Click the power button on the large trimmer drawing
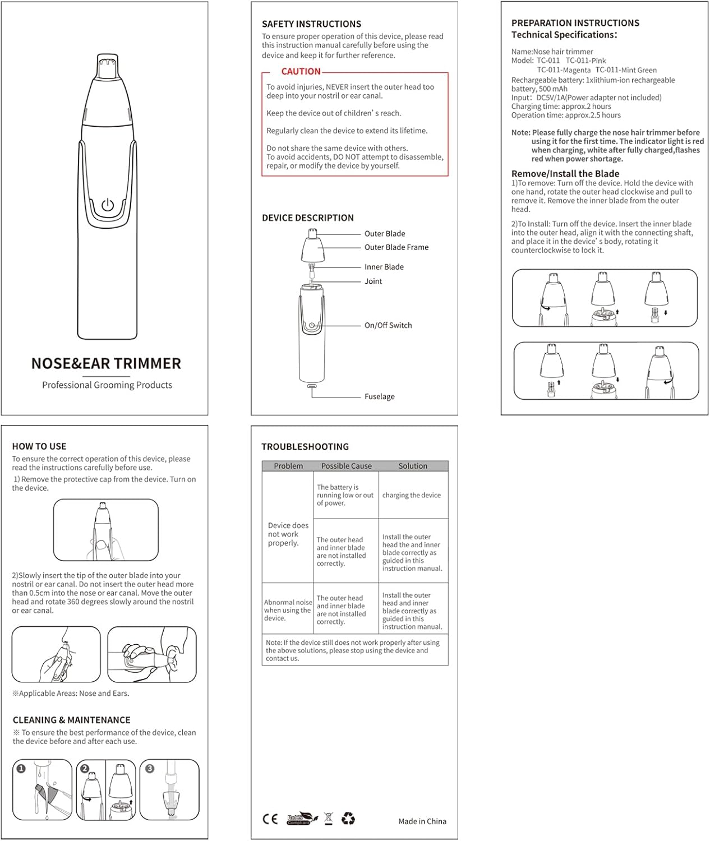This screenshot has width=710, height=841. (107, 205)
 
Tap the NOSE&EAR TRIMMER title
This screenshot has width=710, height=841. (106, 363)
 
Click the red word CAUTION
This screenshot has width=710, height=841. (301, 72)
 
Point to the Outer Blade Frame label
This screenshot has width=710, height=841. (396, 247)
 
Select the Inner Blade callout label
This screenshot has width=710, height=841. (384, 267)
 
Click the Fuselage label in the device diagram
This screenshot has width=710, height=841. (379, 396)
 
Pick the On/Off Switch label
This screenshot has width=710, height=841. (388, 325)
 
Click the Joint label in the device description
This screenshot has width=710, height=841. (373, 281)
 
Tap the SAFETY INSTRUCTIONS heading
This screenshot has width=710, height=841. (311, 24)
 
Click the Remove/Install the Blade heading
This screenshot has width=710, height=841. (565, 174)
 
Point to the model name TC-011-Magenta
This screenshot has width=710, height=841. (563, 70)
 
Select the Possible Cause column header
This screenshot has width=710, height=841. (346, 466)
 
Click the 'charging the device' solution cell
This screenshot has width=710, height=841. (411, 495)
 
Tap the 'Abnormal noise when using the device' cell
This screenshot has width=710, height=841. (288, 610)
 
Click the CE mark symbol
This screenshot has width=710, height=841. (270, 819)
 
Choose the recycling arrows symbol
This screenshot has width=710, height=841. (348, 819)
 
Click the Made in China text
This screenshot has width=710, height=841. (422, 821)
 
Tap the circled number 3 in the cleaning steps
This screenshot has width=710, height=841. (150, 769)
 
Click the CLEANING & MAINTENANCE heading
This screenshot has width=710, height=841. (71, 720)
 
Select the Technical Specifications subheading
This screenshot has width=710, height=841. (564, 35)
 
